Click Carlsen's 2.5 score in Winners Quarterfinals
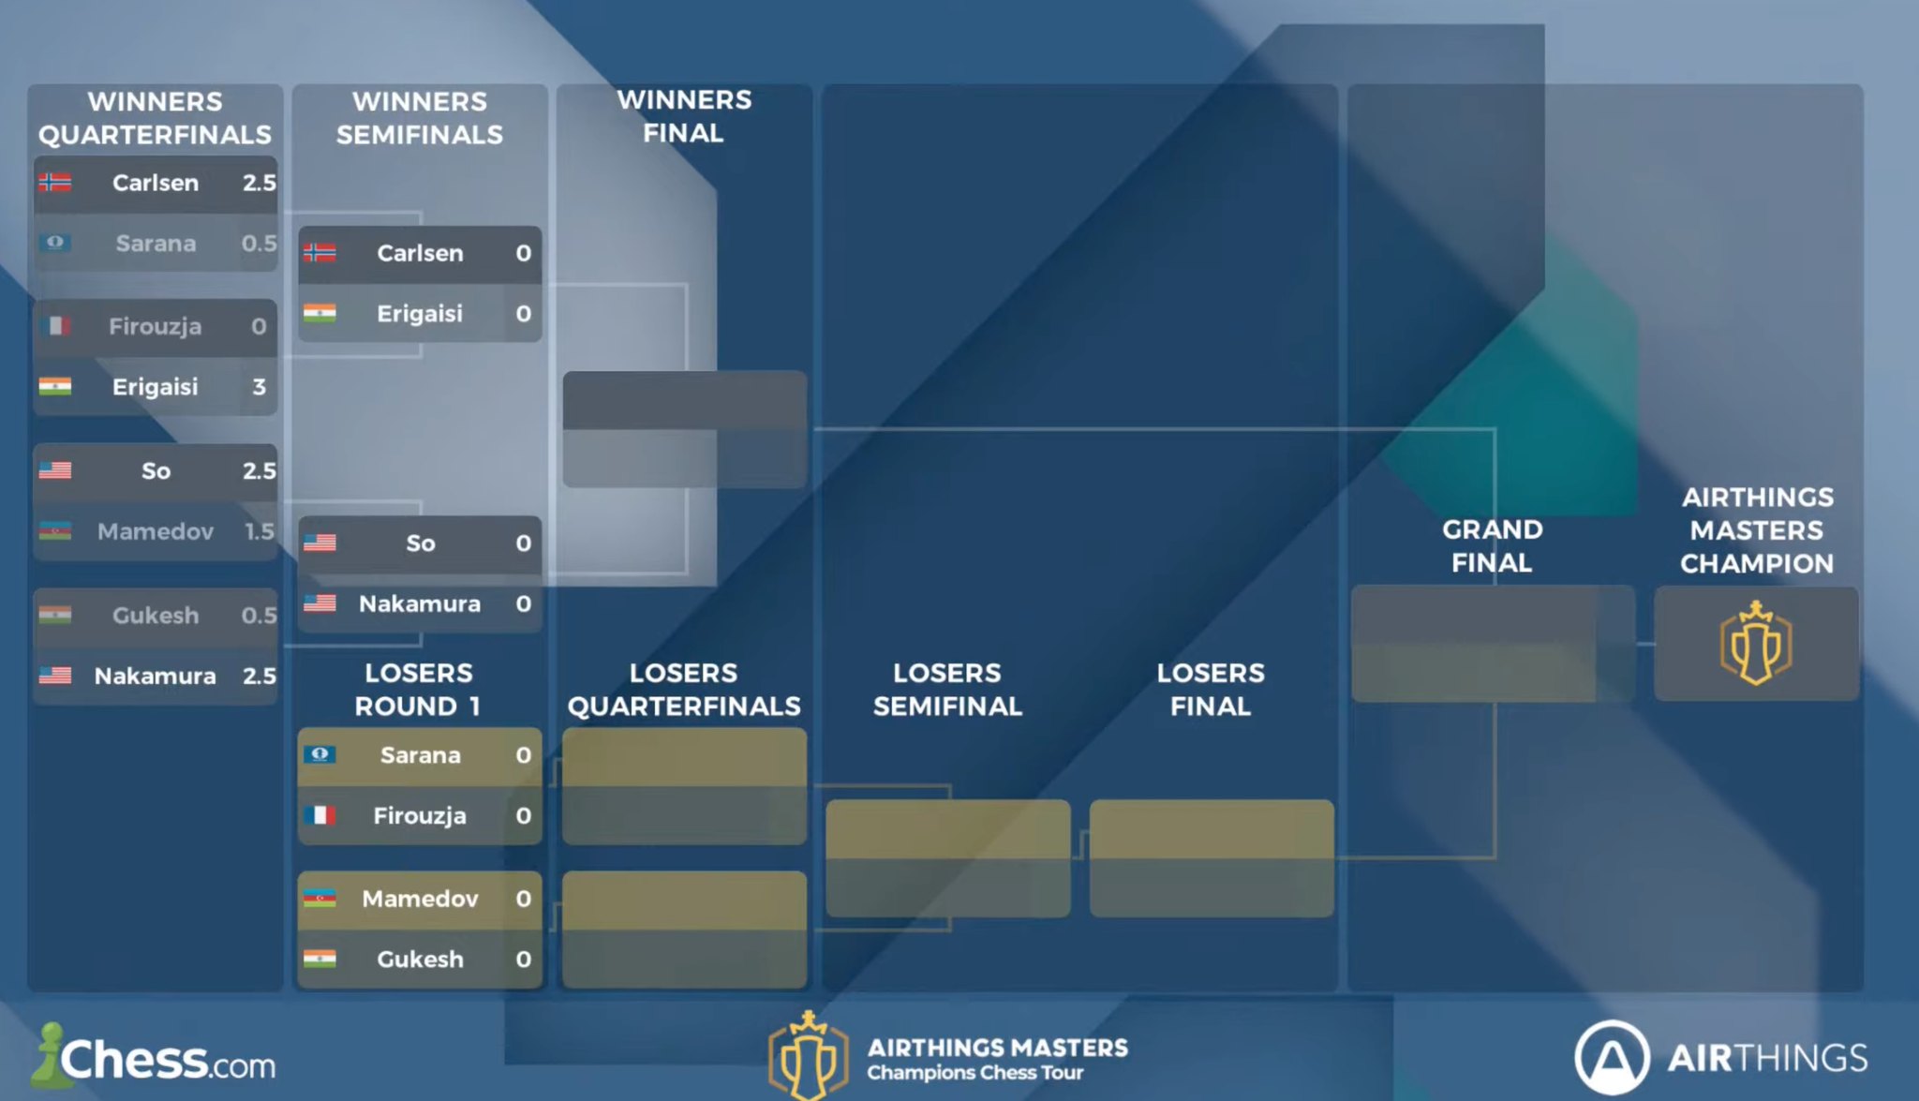tap(259, 183)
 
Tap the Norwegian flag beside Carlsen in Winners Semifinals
tap(320, 252)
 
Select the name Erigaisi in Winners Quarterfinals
tap(156, 387)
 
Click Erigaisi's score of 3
tap(259, 387)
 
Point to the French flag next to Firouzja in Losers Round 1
tap(320, 815)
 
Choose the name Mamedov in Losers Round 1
tap(420, 899)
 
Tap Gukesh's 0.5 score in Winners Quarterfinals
tap(259, 616)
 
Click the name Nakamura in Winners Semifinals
tap(420, 603)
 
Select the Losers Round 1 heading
tap(419, 690)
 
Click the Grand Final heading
tap(1492, 546)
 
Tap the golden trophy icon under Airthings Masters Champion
tap(1756, 644)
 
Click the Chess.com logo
tap(155, 1059)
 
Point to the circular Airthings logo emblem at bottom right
tap(1612, 1058)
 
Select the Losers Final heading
tap(1211, 690)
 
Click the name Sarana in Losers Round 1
tap(420, 755)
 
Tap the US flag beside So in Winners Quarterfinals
tap(55, 470)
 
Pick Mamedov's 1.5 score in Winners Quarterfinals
tap(259, 531)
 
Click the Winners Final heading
tap(684, 116)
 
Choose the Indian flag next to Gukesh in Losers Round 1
tap(320, 959)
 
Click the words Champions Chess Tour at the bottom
tap(974, 1073)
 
